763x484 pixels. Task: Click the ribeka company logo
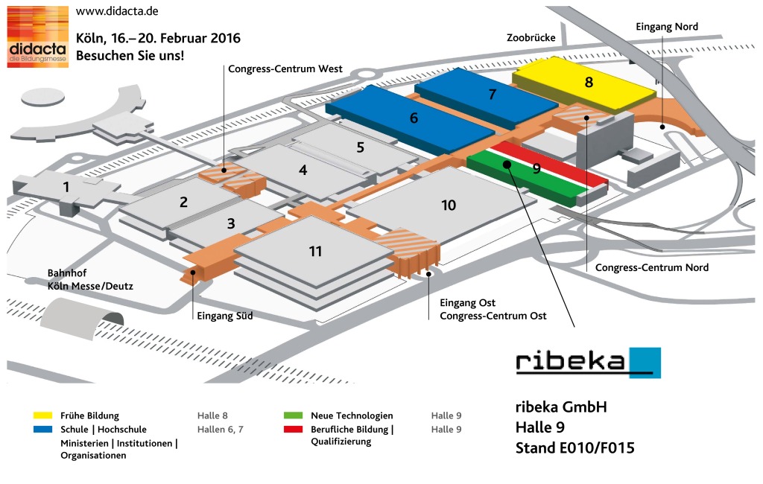pos(588,362)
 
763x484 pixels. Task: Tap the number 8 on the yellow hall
pos(589,82)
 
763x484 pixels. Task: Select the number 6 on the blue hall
pos(414,118)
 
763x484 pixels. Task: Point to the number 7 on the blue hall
pos(492,95)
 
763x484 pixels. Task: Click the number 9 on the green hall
pos(536,169)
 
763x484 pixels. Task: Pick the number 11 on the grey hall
pos(316,251)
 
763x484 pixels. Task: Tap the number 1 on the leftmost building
pos(66,186)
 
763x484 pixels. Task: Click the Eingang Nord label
pos(666,27)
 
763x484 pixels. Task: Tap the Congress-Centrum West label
pos(285,69)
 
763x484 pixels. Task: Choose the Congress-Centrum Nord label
pos(652,267)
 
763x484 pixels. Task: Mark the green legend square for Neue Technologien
pos(293,415)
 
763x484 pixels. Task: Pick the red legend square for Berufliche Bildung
pos(293,430)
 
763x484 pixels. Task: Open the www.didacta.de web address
pos(117,11)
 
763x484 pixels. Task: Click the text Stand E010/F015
pos(574,448)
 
